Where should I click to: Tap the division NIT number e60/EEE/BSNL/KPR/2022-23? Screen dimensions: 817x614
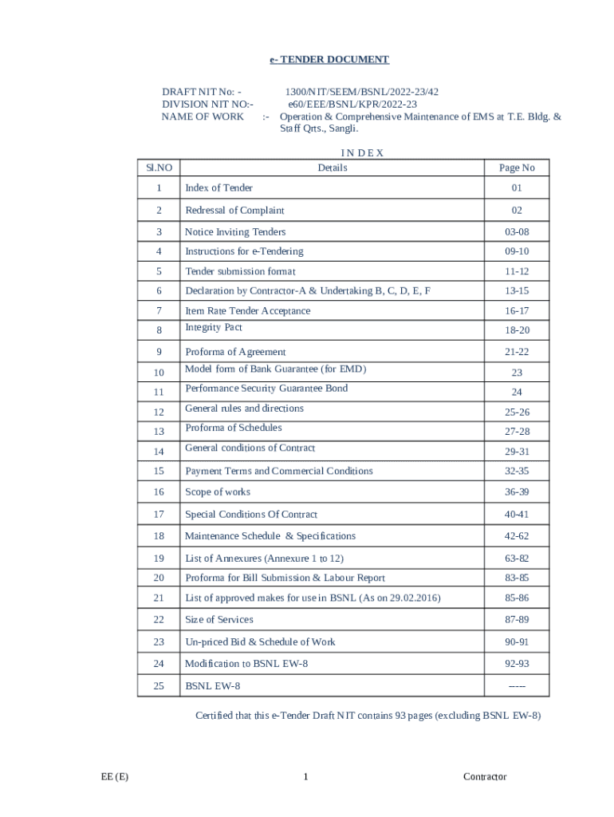coord(352,104)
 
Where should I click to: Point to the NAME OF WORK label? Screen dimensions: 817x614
coord(203,116)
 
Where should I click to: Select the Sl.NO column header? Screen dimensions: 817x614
coord(159,168)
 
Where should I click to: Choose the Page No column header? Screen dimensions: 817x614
coord(517,168)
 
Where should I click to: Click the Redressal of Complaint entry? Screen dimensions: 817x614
coord(234,211)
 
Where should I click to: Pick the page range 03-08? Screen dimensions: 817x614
coord(517,232)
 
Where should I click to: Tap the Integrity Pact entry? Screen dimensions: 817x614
coord(214,328)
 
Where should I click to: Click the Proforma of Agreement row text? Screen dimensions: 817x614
coord(235,352)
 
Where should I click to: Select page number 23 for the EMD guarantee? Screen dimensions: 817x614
coord(517,373)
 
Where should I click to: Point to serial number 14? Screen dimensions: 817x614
coord(159,452)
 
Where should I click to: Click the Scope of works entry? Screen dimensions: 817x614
coord(218,492)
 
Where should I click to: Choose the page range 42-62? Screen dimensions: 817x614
coord(517,536)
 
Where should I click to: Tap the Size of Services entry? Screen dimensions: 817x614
coord(219,620)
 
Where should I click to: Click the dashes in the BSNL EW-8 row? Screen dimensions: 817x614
coord(517,686)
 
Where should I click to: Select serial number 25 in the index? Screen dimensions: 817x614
coord(159,685)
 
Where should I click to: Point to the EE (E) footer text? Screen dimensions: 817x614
coord(115,777)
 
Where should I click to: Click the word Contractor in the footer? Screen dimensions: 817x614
coord(485,777)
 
